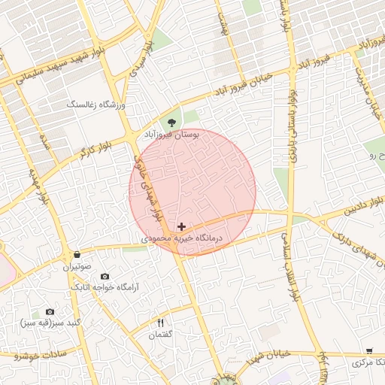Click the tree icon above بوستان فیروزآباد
(173, 121)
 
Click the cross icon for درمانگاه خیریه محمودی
(181, 226)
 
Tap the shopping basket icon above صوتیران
(77, 255)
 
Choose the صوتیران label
(76, 266)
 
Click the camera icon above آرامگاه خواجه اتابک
(104, 277)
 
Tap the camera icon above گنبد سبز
(50, 311)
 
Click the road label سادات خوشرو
(41, 353)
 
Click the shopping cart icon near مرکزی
(368, 351)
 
